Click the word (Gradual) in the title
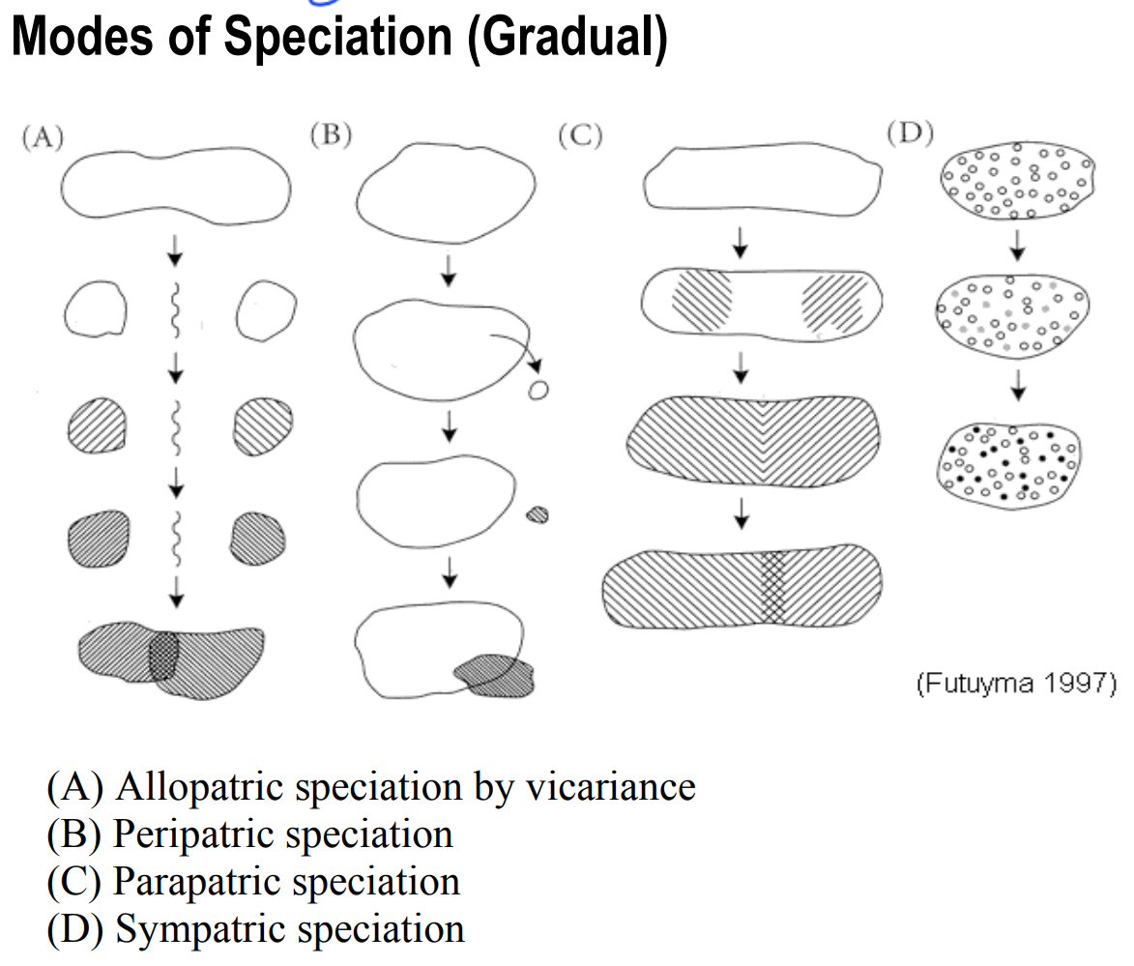click(567, 38)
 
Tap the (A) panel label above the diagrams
click(43, 136)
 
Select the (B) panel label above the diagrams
click(331, 134)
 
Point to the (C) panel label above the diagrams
click(580, 135)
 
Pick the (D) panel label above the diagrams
click(910, 132)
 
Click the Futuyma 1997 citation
click(1016, 683)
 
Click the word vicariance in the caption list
click(610, 786)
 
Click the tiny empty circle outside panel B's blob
click(538, 391)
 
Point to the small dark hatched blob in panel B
click(537, 514)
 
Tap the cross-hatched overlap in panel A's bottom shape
click(163, 656)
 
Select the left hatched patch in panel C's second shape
click(702, 301)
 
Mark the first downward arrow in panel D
click(1018, 246)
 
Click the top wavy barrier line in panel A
click(175, 309)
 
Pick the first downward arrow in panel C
click(740, 243)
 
